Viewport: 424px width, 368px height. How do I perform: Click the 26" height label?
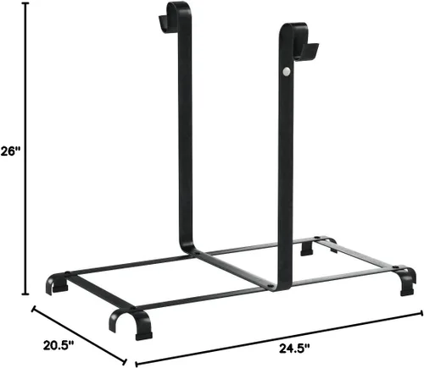(11, 151)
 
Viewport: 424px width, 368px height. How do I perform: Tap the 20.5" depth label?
(59, 345)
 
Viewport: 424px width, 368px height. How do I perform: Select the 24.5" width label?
(294, 349)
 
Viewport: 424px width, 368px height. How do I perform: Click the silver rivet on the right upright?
(287, 72)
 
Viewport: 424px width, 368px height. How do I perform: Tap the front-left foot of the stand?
(57, 283)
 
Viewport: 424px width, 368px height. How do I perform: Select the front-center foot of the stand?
(133, 323)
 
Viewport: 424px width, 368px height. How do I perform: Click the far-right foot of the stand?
(406, 281)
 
